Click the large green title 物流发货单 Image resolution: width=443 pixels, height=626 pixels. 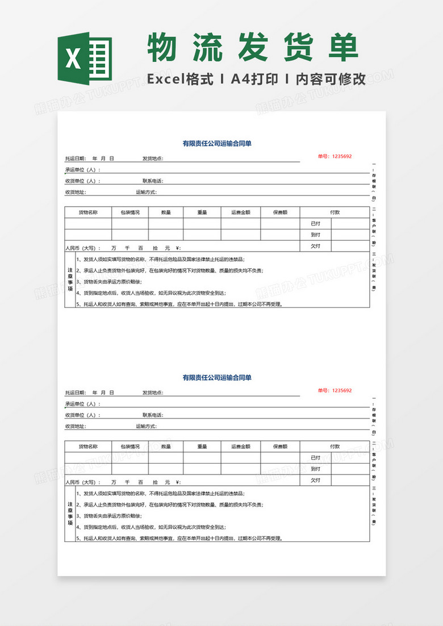[x=253, y=48]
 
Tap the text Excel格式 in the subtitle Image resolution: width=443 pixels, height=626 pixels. [x=180, y=79]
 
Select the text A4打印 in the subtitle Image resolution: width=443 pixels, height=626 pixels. [x=254, y=79]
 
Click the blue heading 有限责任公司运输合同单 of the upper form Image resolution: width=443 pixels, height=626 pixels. [x=217, y=144]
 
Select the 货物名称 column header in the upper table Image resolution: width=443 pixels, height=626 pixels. [x=88, y=212]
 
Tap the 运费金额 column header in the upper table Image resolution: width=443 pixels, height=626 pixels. [x=241, y=212]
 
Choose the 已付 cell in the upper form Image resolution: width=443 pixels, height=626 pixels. [x=315, y=223]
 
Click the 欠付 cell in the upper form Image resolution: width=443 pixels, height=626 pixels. [x=315, y=246]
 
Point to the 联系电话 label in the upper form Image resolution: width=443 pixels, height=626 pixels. [x=153, y=181]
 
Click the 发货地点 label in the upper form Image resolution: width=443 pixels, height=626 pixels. [x=153, y=158]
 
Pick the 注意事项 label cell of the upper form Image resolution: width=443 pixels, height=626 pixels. [x=70, y=279]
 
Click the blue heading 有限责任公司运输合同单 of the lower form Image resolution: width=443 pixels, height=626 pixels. [x=217, y=377]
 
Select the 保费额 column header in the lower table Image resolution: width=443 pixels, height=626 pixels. [x=280, y=446]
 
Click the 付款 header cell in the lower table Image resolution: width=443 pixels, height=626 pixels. [x=335, y=446]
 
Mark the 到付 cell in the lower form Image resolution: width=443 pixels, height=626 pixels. [x=315, y=469]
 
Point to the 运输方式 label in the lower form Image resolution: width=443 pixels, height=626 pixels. [x=146, y=426]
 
